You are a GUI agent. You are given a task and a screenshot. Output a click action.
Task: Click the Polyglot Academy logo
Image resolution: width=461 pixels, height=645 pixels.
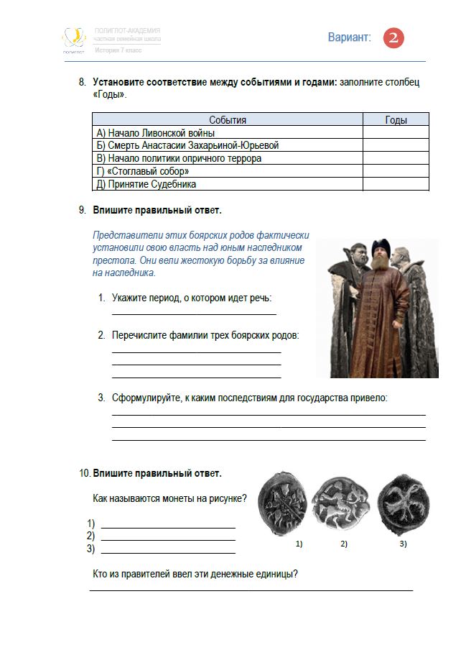[x=73, y=40]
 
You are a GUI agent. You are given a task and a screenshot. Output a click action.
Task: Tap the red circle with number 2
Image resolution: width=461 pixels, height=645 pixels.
[x=394, y=38]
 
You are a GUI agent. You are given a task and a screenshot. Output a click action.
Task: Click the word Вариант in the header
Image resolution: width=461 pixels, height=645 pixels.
[x=350, y=38]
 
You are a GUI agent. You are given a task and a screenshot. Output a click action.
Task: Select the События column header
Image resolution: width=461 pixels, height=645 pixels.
[x=227, y=120]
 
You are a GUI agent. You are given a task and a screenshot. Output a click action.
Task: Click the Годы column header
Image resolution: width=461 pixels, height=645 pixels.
[x=396, y=120]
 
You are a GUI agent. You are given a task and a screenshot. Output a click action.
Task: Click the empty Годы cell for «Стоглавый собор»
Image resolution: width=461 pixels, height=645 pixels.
[x=396, y=171]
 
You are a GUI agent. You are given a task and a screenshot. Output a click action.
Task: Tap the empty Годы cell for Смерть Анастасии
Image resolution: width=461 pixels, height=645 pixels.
[x=396, y=145]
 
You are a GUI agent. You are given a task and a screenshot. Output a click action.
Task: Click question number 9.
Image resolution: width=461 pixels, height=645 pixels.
[x=82, y=211]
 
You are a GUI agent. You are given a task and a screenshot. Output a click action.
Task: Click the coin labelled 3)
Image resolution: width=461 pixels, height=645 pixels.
[x=402, y=500]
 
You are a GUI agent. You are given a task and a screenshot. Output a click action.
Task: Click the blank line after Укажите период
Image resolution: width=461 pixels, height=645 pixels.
[x=194, y=313]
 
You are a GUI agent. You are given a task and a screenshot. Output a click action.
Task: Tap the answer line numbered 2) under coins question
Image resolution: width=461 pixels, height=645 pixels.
[x=168, y=539]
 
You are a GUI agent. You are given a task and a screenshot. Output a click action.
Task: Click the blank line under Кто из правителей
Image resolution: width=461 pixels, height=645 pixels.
[x=251, y=590]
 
